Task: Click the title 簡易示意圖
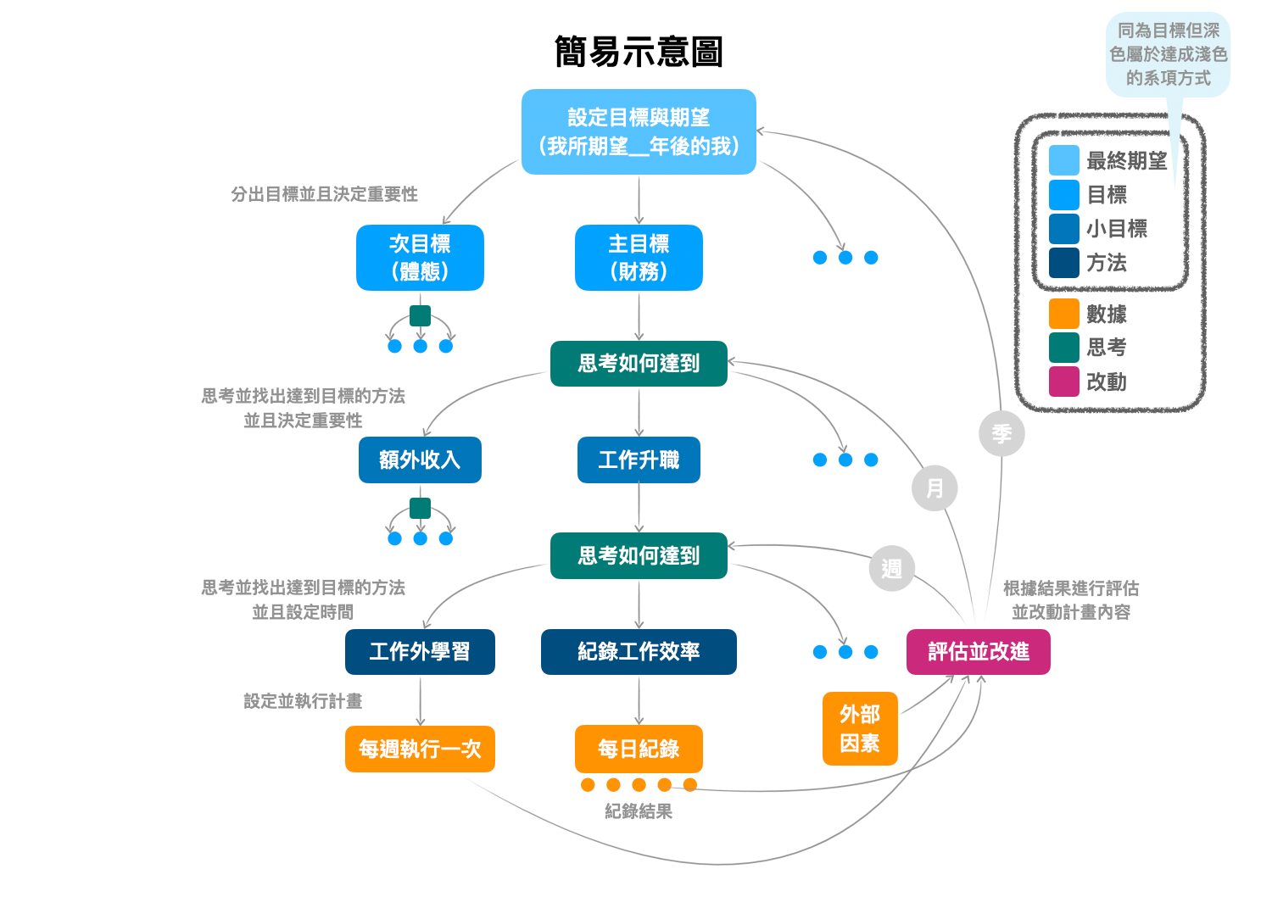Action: (638, 52)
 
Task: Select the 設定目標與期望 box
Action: (639, 131)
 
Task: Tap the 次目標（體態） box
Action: (420, 258)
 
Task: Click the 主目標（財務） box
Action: (639, 258)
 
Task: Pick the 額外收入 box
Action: (420, 460)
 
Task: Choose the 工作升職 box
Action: (639, 460)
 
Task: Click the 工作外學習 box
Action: (420, 651)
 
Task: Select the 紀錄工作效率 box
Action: (639, 651)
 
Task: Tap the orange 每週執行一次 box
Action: (420, 749)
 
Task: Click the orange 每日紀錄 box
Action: (639, 749)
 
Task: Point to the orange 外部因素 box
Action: (860, 728)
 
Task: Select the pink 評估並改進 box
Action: (978, 651)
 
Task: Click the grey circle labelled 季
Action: (1001, 433)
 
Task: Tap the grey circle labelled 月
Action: (934, 488)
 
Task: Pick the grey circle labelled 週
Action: (891, 568)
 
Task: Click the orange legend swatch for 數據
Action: (1063, 314)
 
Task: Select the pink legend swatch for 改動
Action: (1063, 382)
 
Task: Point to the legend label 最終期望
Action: (1126, 161)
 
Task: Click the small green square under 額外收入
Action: (420, 508)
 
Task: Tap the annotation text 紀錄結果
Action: (639, 811)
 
